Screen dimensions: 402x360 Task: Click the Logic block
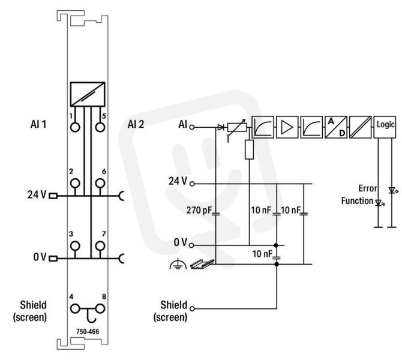pos(385,127)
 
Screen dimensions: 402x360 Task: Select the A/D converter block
pos(336,127)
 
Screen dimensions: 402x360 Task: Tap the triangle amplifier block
pos(287,127)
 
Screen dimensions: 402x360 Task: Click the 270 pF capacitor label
pos(199,210)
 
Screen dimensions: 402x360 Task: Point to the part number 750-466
pos(88,332)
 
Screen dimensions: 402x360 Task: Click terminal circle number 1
pos(75,127)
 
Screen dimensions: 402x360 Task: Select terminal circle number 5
pos(100,127)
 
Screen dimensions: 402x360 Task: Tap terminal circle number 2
pos(75,184)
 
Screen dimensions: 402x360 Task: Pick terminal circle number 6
pos(100,184)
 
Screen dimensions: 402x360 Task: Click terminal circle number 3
pos(75,246)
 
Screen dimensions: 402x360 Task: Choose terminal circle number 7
pos(100,246)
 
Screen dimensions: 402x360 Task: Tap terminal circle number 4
pos(75,309)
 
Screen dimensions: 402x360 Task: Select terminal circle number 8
pos(100,309)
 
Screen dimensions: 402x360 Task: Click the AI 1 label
pos(38,124)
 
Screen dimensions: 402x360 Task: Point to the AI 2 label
pos(136,124)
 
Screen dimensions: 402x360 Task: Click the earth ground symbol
pos(178,264)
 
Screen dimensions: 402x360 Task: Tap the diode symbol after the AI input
pos(220,127)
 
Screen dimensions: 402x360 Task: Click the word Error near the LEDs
pos(368,188)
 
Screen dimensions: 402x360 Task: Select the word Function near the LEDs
pos(357,201)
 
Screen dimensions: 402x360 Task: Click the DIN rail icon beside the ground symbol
pos(202,264)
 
